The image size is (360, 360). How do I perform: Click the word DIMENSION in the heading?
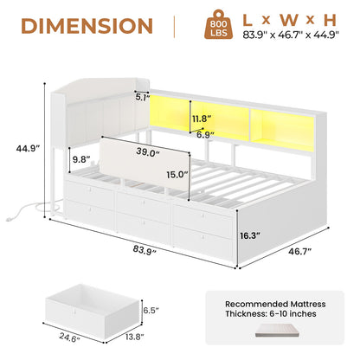[x=87, y=25]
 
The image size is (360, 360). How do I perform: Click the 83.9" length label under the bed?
[x=145, y=249]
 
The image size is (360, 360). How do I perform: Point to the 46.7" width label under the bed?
[x=300, y=251]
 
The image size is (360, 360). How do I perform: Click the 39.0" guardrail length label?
[x=148, y=153]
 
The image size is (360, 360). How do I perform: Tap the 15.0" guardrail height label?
[x=177, y=175]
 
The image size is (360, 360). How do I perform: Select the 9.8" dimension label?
[x=81, y=159]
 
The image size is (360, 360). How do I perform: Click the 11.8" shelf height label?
[x=202, y=119]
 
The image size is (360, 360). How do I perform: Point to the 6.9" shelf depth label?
[x=206, y=135]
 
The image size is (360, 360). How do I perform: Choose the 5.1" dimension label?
[x=143, y=97]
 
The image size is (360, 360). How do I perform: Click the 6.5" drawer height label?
[x=151, y=311]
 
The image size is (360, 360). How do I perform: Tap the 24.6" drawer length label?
[x=69, y=337]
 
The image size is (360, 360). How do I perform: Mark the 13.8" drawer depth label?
[x=135, y=337]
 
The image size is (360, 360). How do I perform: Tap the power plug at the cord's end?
[x=9, y=219]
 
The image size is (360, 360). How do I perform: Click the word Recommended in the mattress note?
[x=256, y=304]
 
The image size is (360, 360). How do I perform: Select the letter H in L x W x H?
[x=330, y=20]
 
